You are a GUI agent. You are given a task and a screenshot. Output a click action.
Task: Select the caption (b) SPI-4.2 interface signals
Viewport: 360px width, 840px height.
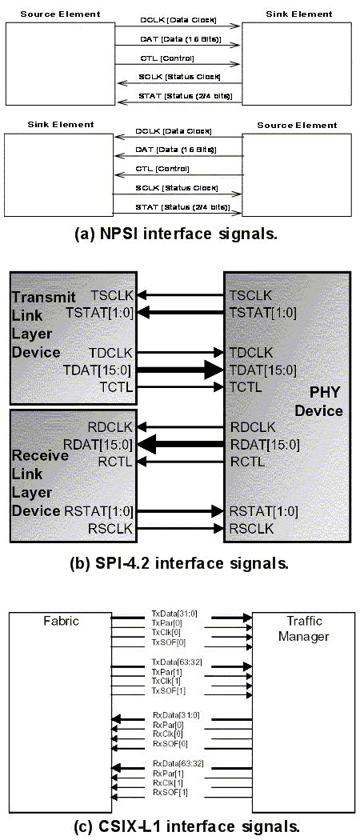tap(181, 562)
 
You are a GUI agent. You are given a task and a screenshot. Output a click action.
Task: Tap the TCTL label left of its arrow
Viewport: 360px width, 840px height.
tap(112, 387)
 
